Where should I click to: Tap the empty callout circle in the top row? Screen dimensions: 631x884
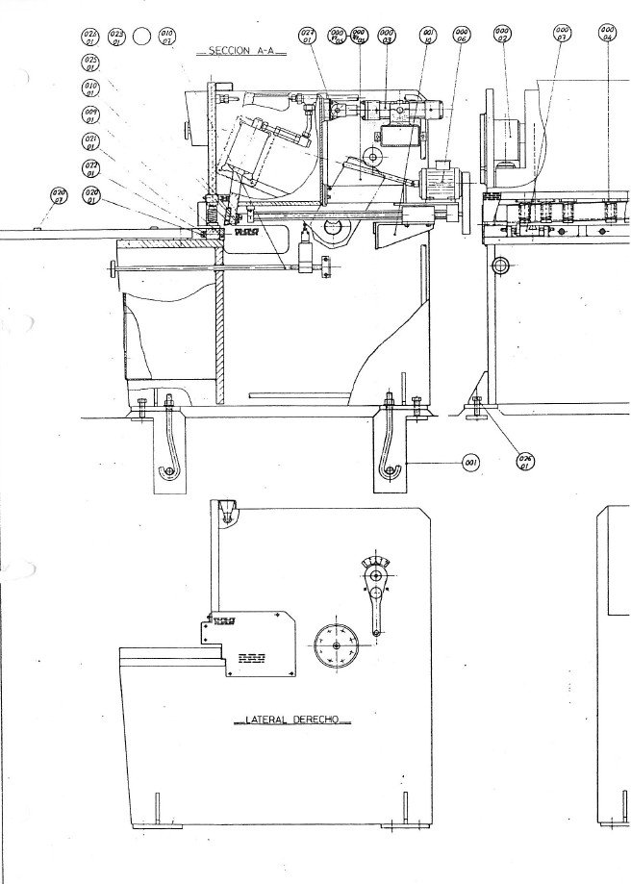coord(141,38)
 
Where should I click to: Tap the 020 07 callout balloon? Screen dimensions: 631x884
coord(59,197)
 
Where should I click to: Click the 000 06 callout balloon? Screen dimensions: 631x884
coord(460,37)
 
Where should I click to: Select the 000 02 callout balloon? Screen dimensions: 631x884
coord(502,37)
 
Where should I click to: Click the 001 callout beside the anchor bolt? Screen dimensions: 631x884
coord(471,464)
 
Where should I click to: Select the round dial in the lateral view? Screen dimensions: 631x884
coord(335,644)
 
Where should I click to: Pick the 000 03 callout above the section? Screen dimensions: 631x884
coord(387,37)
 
